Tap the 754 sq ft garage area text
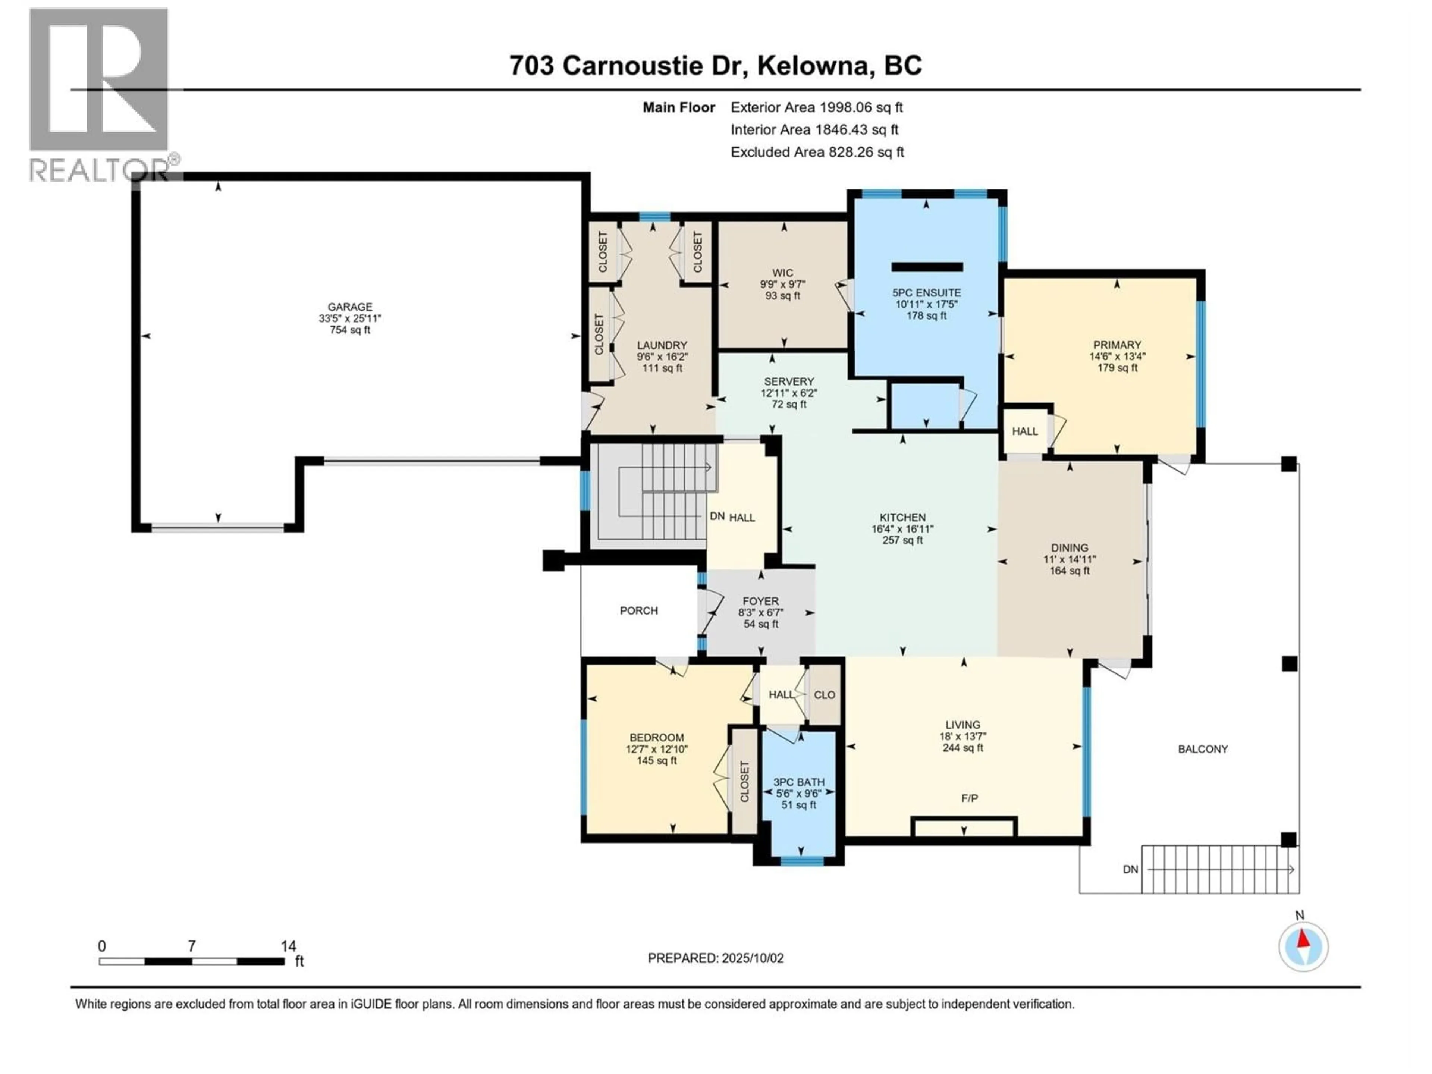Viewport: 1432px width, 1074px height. [x=349, y=330]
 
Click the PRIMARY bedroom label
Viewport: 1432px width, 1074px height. [x=1117, y=345]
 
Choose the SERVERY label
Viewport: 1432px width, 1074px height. [x=788, y=381]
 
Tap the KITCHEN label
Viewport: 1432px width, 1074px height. [x=902, y=517]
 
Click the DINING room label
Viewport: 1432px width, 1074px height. [x=1070, y=548]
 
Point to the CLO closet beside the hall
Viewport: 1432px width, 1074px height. [x=824, y=695]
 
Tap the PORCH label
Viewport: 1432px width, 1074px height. [x=638, y=610]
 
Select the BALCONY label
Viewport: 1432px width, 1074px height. [x=1202, y=749]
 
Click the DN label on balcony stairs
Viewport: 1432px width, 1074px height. [x=1130, y=869]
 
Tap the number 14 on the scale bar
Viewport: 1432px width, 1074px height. [x=288, y=946]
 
